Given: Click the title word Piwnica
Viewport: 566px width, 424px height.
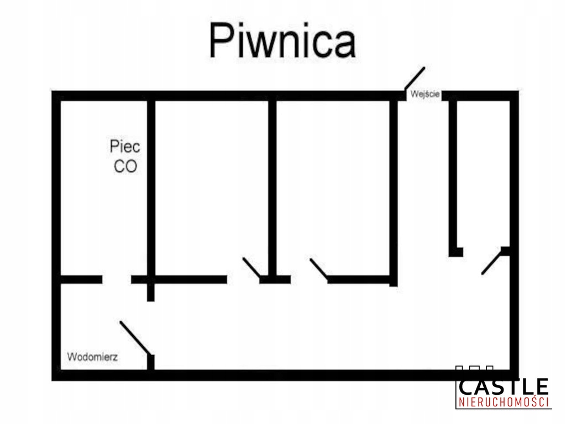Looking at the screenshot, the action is (x=282, y=41).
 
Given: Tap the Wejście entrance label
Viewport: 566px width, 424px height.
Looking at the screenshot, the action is (x=424, y=95).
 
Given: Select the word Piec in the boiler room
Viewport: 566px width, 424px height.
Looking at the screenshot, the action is (x=124, y=147).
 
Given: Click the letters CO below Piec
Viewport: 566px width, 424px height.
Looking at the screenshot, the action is (x=125, y=166).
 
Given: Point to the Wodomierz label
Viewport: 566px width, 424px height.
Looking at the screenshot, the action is (x=92, y=356).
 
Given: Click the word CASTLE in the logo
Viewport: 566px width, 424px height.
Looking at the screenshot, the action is (x=503, y=386).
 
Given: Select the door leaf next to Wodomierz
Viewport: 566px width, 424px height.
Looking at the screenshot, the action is (x=134, y=337).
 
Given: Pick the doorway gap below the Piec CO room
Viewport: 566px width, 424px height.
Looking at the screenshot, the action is (x=117, y=279).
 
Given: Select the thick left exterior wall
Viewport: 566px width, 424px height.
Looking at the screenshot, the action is (x=56, y=232).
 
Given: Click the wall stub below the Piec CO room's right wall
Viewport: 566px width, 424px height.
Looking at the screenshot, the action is (x=151, y=291).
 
